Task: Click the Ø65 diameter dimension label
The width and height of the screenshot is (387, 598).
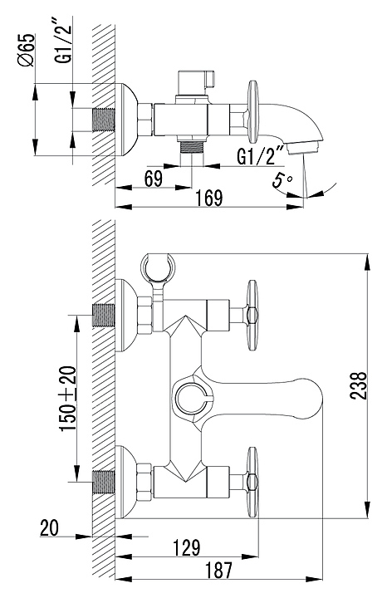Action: point(28,51)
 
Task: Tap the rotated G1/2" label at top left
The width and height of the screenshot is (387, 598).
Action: point(63,39)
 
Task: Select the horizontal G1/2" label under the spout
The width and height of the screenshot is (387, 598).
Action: point(261,154)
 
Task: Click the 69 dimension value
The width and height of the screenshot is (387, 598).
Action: point(154,179)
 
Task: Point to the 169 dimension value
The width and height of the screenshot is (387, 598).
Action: point(209,198)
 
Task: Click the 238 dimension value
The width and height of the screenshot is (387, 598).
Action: point(359,385)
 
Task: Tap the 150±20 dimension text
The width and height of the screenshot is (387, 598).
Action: point(69,399)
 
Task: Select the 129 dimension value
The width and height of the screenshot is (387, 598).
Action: point(187,547)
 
